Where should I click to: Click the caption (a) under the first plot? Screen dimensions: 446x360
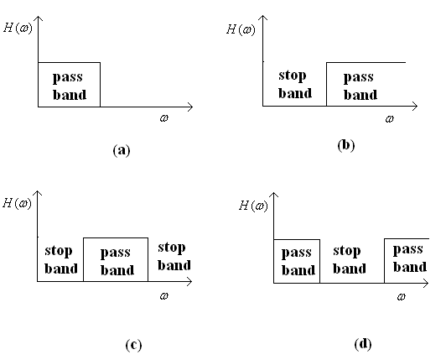(x=122, y=150)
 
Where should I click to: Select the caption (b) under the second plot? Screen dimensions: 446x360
(x=346, y=145)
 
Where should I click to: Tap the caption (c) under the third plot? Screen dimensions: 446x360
(x=133, y=345)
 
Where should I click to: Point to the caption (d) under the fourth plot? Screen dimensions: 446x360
(x=363, y=344)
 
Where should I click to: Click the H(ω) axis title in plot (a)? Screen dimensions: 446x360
(x=18, y=29)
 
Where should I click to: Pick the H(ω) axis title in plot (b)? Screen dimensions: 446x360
(x=241, y=29)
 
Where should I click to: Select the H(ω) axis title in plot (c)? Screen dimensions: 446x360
(x=17, y=203)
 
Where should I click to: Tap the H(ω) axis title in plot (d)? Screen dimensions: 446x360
(x=253, y=206)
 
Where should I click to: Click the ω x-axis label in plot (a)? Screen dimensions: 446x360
(x=164, y=118)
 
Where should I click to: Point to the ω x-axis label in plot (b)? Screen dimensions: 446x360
(x=390, y=119)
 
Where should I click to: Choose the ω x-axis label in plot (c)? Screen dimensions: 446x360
(x=164, y=296)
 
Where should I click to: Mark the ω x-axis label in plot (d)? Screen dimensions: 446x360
(x=401, y=297)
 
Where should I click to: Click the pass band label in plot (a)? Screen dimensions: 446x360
(x=70, y=86)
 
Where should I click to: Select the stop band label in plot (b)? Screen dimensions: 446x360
(x=295, y=85)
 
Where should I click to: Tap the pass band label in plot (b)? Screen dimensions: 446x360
(x=360, y=86)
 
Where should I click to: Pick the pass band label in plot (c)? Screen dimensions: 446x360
(x=117, y=262)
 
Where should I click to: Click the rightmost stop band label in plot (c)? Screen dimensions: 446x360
(x=174, y=257)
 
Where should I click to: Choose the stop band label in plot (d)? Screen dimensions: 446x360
(x=350, y=260)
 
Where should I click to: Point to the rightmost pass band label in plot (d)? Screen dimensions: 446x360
(x=410, y=258)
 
